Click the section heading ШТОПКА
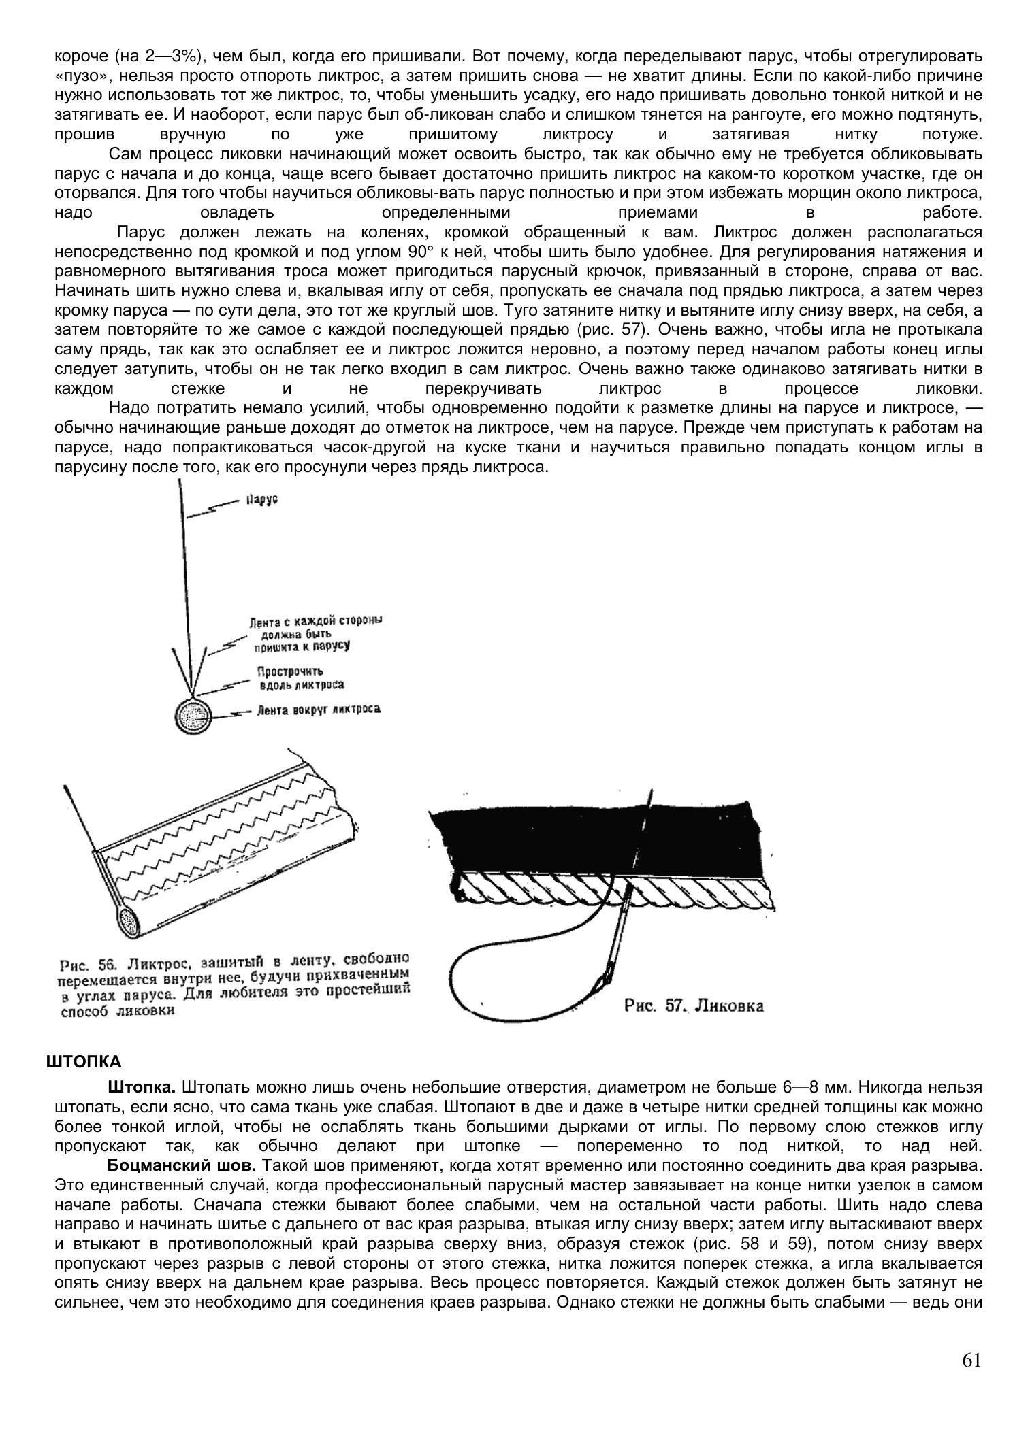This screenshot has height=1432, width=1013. (84, 1062)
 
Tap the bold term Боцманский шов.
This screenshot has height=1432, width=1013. (182, 1165)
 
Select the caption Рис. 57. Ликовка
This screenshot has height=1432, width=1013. (694, 1006)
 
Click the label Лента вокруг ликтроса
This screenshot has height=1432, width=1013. (319, 710)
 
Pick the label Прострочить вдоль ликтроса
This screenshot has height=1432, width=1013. (300, 678)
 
